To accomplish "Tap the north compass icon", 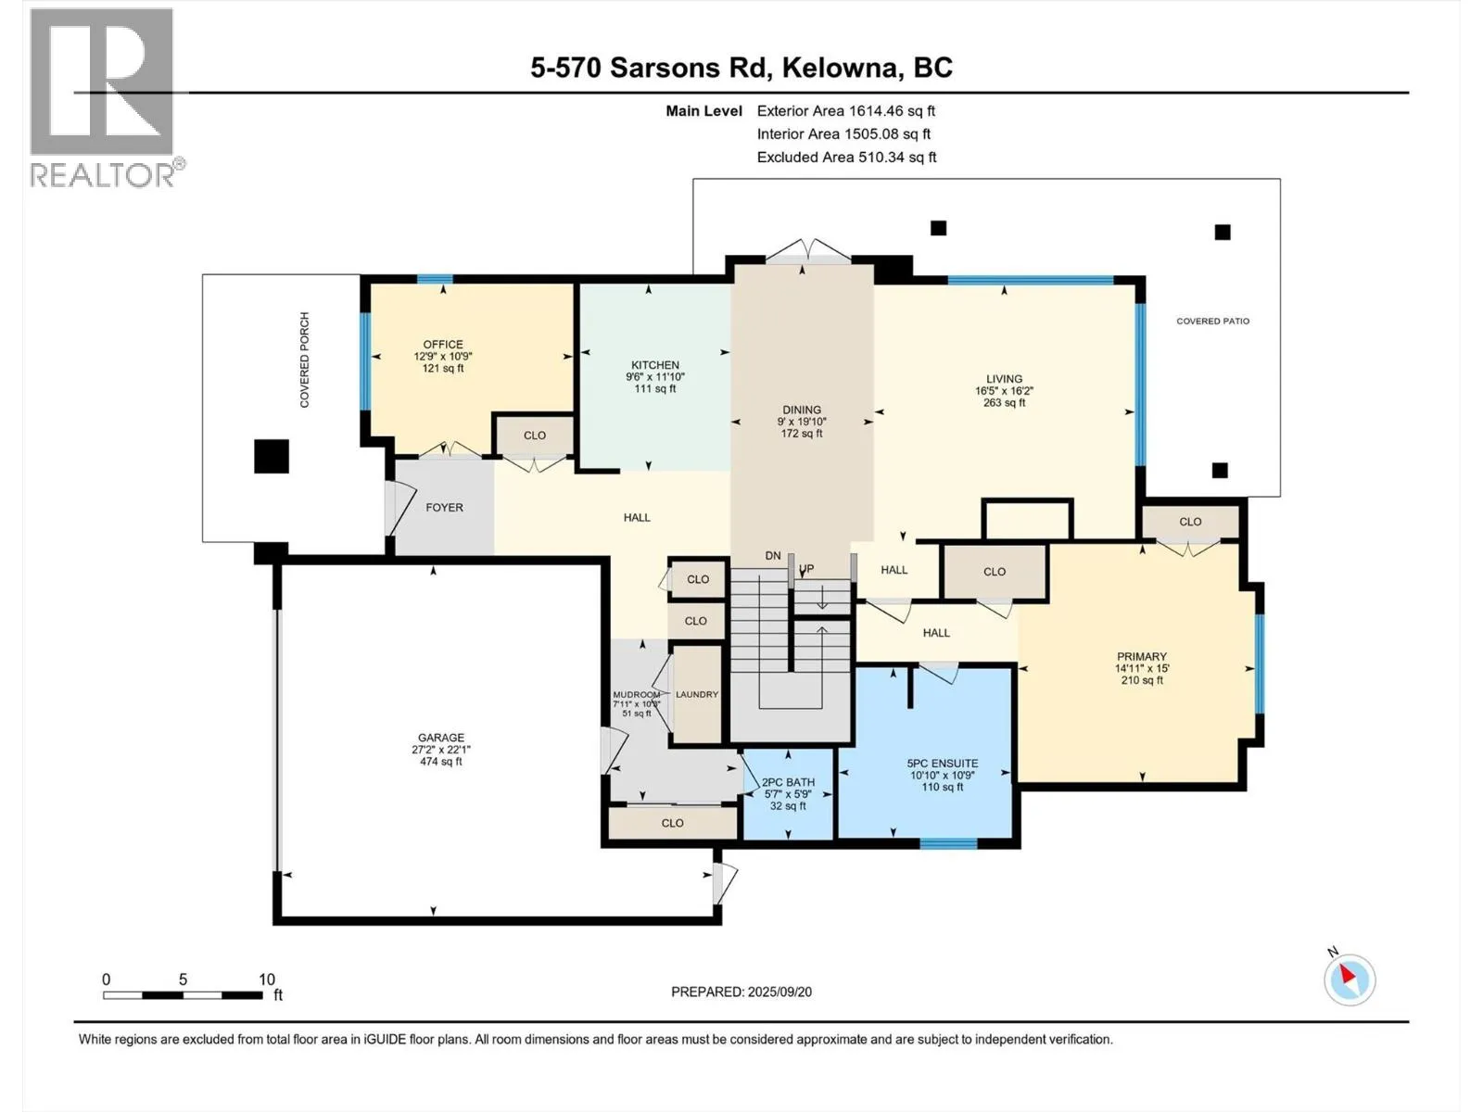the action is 1349,979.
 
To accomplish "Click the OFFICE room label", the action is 443,345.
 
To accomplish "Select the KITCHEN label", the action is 654,365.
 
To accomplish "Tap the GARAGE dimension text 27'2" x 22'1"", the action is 440,750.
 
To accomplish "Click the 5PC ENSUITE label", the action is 942,764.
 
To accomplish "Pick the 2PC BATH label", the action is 788,782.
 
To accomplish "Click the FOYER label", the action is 444,508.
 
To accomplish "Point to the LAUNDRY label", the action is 697,694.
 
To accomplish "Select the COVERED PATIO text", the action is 1212,322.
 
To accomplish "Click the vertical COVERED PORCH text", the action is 304,360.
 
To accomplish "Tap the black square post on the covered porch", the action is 272,457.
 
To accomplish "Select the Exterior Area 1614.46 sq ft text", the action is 846,111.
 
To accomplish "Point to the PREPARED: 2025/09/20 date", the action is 741,992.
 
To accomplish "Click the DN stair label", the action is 773,556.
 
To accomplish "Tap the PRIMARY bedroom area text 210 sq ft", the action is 1142,680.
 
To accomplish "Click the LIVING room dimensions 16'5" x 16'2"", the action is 1004,391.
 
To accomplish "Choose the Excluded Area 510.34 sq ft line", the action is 846,158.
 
